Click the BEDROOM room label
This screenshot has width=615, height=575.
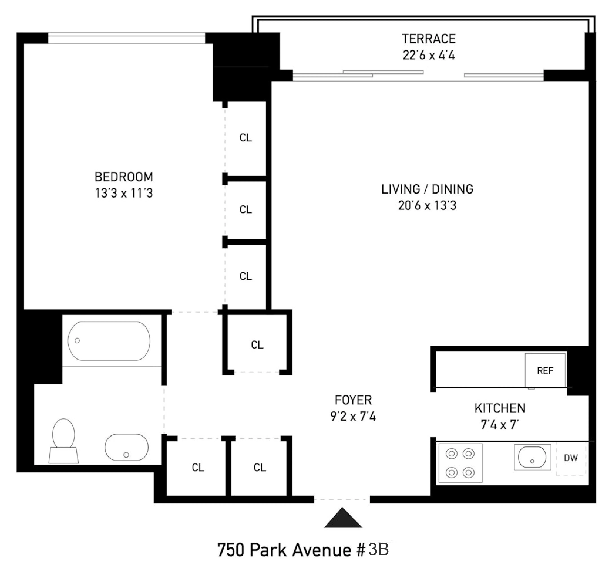(124, 177)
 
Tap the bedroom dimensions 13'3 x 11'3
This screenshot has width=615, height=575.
(124, 193)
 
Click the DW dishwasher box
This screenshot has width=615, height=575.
(571, 458)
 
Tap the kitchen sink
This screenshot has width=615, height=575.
(532, 457)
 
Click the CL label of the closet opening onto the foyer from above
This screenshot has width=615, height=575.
(257, 345)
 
